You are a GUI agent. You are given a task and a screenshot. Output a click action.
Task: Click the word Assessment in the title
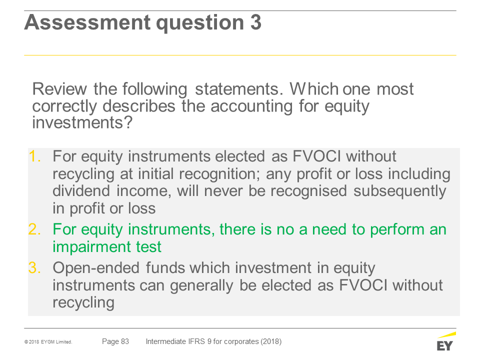[x=87, y=22]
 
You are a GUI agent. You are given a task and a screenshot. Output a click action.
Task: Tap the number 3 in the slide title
[x=256, y=22]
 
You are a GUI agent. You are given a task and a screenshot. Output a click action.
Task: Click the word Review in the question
[x=59, y=89]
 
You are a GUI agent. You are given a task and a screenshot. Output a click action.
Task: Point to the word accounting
[x=251, y=107]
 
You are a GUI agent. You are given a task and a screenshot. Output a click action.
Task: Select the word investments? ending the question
[x=82, y=123]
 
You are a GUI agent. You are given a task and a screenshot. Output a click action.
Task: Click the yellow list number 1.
[x=34, y=156]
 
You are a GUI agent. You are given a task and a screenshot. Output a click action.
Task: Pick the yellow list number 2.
[x=34, y=229]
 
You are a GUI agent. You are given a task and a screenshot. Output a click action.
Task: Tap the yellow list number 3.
[x=34, y=268]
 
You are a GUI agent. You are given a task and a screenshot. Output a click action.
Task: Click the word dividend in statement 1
[x=81, y=190]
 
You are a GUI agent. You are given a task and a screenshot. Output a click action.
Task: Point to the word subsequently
[x=399, y=191]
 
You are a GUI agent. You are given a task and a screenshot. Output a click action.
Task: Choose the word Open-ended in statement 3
[x=96, y=268]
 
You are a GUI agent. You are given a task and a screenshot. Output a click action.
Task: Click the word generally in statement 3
[x=201, y=286]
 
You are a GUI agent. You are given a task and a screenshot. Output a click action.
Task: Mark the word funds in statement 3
[x=165, y=268]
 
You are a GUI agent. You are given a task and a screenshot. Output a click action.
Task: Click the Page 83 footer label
[x=115, y=341]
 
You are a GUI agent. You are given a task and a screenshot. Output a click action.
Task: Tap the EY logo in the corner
[x=446, y=341]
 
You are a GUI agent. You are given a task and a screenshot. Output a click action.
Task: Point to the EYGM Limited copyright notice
[x=48, y=342]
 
